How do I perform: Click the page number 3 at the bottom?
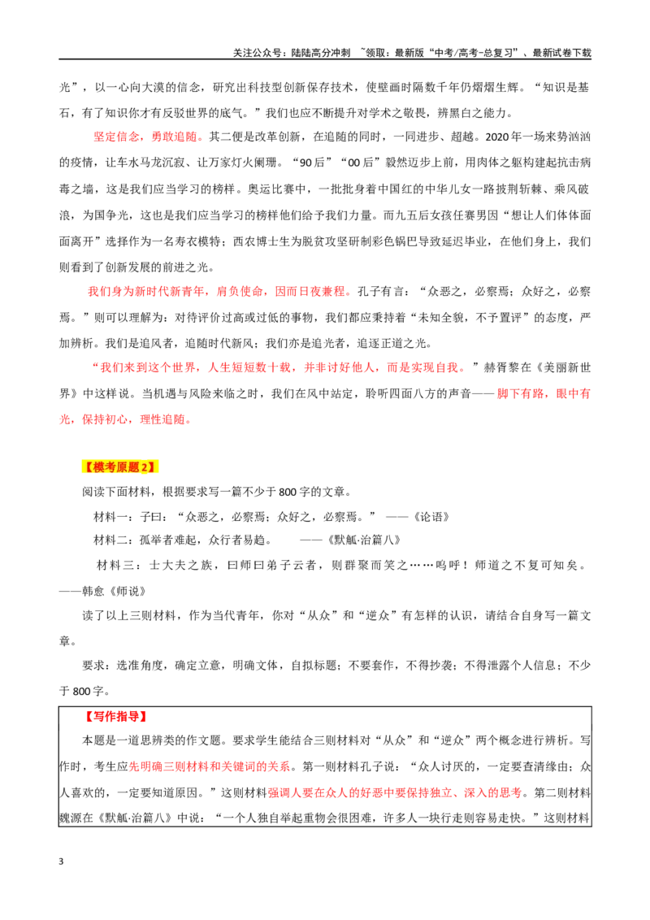61,861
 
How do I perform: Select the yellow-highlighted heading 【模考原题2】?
119,467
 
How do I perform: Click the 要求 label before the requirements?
93,666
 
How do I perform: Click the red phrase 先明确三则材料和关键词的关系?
210,767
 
